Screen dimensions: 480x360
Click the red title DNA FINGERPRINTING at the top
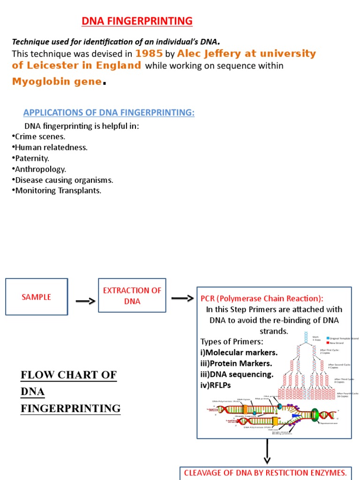pyautogui.click(x=137, y=21)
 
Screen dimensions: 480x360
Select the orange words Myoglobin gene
pyautogui.click(x=57, y=82)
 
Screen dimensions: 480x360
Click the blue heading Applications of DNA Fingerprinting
pyautogui.click(x=109, y=112)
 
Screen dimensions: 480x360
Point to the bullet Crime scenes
pyautogui.click(x=40, y=137)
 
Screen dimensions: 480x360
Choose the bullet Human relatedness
pyautogui.click(x=51, y=148)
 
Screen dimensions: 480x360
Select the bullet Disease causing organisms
pyautogui.click(x=64, y=180)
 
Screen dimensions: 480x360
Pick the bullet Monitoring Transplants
pyautogui.click(x=58, y=191)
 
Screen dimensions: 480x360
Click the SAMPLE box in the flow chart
pyautogui.click(x=37, y=297)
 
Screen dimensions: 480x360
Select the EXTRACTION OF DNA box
pyautogui.click(x=132, y=296)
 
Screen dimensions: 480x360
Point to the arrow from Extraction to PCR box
pyautogui.click(x=182, y=299)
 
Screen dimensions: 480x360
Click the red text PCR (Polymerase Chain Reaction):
pyautogui.click(x=262, y=299)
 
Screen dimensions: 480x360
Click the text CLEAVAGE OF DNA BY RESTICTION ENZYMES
pyautogui.click(x=265, y=472)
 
